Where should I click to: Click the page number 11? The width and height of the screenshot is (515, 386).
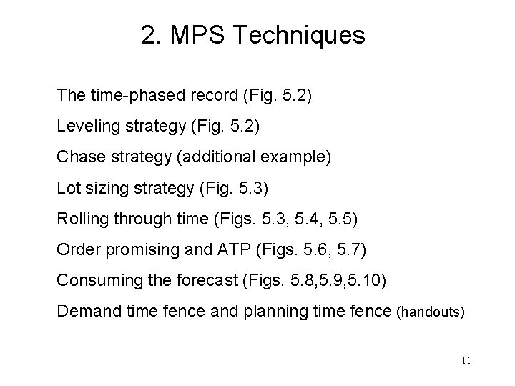[x=466, y=360]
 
